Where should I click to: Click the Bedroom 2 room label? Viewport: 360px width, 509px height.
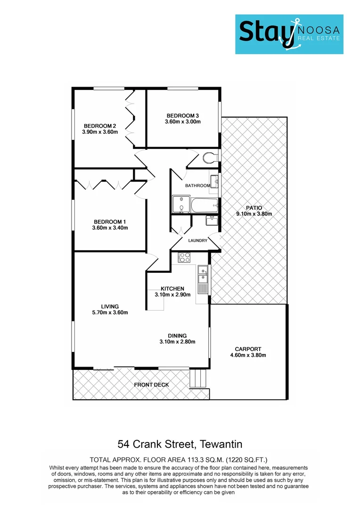pos(100,126)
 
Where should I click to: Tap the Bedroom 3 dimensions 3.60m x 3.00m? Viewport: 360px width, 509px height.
pos(183,122)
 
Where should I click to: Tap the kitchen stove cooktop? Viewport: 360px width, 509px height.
pos(184,257)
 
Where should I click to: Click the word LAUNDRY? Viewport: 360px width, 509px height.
pos(197,240)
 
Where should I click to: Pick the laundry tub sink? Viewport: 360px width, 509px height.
pos(211,220)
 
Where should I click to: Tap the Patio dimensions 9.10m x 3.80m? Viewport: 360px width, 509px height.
pos(254,214)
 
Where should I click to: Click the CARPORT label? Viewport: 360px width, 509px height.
pos(248,349)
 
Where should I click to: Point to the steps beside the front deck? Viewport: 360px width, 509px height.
pos(198,378)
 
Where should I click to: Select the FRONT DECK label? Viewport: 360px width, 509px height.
pos(151,385)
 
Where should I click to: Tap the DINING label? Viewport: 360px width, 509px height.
pos(177,336)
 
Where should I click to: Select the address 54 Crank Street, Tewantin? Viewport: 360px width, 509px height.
pos(180,444)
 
